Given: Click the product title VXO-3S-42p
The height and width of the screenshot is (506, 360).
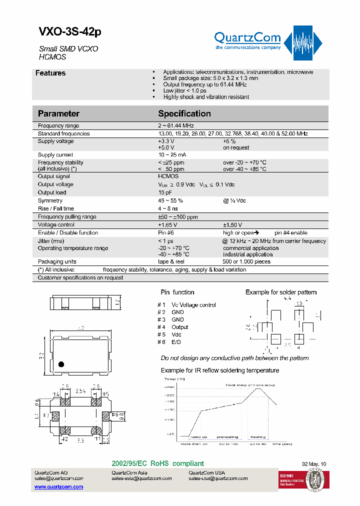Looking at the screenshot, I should [x=70, y=32].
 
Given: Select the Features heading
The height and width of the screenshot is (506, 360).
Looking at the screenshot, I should [x=50, y=73].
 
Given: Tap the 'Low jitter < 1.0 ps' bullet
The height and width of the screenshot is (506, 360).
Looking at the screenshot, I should [x=184, y=90].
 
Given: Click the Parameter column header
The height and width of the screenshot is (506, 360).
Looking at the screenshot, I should [x=58, y=113].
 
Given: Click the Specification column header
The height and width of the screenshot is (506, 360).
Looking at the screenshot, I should [x=184, y=113].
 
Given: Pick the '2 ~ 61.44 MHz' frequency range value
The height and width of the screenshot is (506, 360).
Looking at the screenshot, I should [x=175, y=126].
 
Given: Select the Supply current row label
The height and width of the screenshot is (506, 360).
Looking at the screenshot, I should [x=55, y=155].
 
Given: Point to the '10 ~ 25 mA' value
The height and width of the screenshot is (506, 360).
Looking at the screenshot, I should [x=172, y=155].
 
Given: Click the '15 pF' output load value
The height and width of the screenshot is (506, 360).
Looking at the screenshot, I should [x=165, y=192].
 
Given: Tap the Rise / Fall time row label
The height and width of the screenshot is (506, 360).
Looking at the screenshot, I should [x=56, y=208].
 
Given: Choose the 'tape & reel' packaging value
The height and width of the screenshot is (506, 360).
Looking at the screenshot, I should [x=171, y=261].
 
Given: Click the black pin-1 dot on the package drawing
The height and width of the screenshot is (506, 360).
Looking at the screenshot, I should [x=61, y=363].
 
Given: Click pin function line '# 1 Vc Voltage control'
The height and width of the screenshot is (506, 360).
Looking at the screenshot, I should [x=187, y=304].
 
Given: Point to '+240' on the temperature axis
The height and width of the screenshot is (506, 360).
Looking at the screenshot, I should [x=169, y=387].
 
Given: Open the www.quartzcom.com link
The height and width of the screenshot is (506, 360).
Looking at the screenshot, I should [x=58, y=486].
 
